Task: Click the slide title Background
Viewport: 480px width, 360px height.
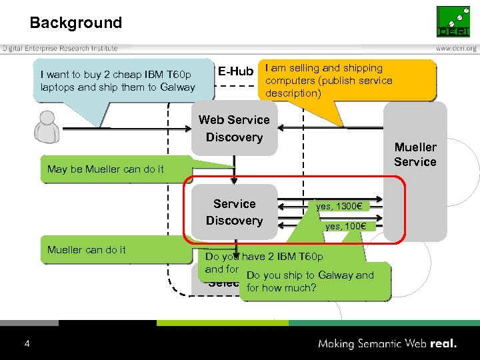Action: (x=75, y=23)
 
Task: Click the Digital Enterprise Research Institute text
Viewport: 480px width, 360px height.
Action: (x=60, y=48)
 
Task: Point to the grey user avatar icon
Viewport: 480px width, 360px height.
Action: (x=46, y=127)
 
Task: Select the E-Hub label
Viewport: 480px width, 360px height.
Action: (x=235, y=71)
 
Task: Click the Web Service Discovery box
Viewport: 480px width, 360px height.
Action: (x=234, y=129)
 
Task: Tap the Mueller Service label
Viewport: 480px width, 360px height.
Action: (x=415, y=155)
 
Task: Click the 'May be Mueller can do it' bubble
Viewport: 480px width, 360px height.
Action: (x=105, y=169)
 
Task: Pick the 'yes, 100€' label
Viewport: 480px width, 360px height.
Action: (x=345, y=227)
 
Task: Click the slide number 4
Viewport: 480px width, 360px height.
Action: (x=27, y=344)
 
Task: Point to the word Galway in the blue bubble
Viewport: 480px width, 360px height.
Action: (x=177, y=87)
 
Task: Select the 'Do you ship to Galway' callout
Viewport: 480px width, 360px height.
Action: (x=309, y=281)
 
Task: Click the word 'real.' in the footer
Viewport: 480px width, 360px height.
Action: (x=444, y=344)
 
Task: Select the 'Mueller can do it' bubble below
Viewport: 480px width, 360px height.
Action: (x=87, y=250)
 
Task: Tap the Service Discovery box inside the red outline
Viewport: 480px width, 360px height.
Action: (x=234, y=212)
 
